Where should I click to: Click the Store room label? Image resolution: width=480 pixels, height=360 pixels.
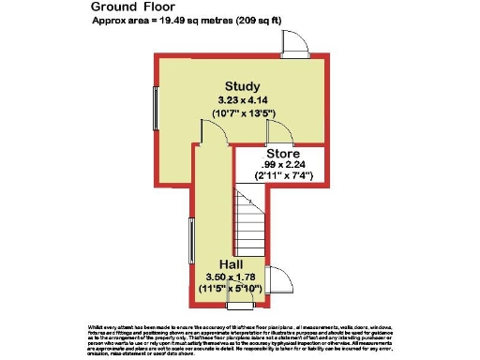282,153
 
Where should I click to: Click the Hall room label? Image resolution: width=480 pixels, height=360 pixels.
231,264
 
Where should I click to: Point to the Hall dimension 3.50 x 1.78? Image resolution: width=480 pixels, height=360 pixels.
231,277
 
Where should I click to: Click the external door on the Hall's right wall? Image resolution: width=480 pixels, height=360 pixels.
279,278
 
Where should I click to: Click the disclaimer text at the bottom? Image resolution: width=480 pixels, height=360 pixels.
240,337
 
